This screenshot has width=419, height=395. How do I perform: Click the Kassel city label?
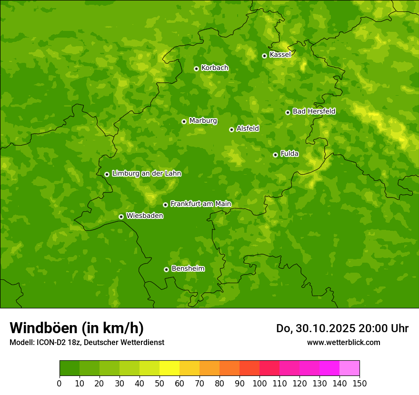coord(280,55)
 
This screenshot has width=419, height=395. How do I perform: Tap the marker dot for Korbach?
coord(196,69)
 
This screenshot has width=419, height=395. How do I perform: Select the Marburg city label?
coord(203,121)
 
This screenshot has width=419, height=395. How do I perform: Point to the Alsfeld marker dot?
coord(231,129)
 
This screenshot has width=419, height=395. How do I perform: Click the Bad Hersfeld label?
coord(314,111)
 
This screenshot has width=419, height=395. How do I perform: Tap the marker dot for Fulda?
coord(275,155)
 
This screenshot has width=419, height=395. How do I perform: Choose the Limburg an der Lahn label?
coord(146,174)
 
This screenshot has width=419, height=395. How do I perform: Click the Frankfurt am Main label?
coord(200,204)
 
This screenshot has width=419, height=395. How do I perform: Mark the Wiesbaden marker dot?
coord(121,217)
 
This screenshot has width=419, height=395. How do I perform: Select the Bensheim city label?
coord(188,269)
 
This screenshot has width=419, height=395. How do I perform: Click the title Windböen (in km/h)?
coord(77,328)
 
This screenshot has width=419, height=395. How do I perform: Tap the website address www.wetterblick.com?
coord(343,342)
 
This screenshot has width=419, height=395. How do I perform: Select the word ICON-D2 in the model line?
coord(50,343)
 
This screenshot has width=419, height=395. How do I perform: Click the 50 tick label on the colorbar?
coord(160,383)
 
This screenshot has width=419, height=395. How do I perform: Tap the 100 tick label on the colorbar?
coord(259,383)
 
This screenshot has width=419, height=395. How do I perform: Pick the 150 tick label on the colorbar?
coord(359,383)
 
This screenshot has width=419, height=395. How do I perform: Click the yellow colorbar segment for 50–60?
coord(170,368)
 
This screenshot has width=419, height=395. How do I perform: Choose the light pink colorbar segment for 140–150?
coord(349,368)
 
